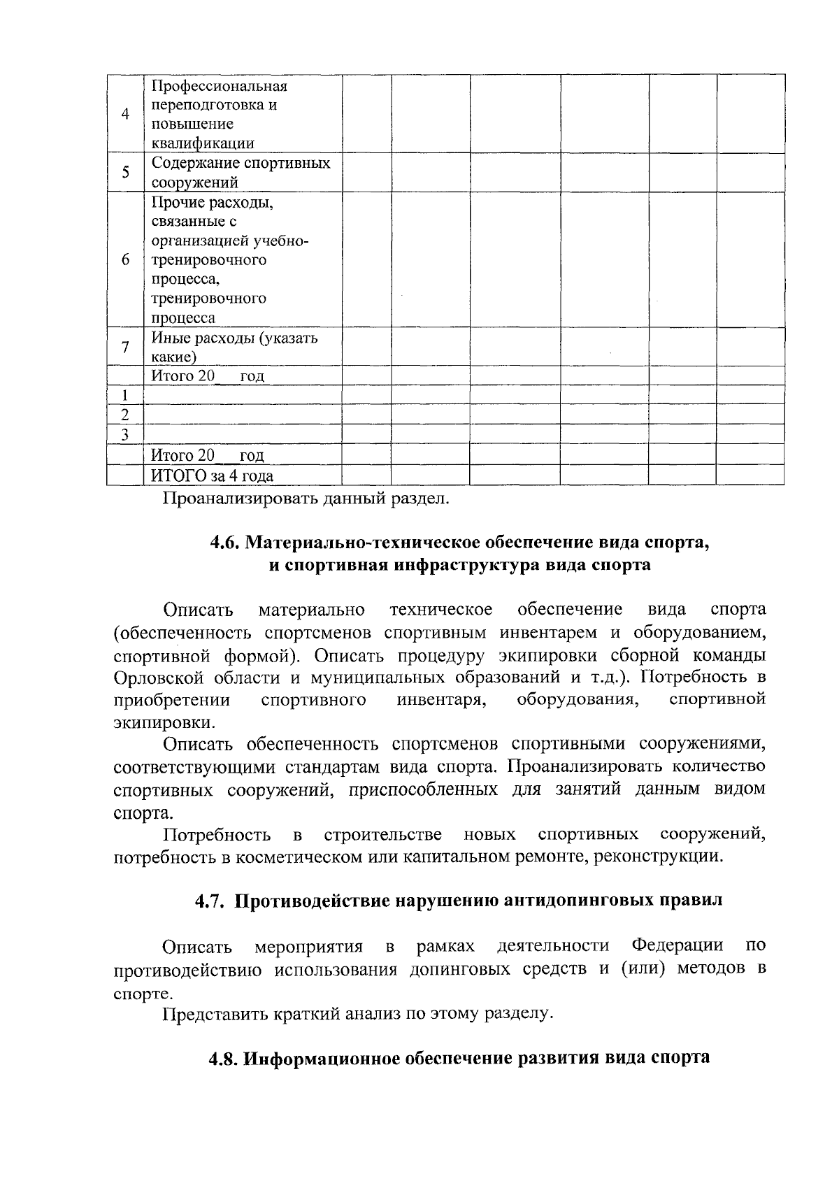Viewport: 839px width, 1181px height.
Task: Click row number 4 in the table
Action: [x=125, y=114]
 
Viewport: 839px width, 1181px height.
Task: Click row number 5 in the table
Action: [x=125, y=172]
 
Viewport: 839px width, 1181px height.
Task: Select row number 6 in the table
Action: [x=125, y=259]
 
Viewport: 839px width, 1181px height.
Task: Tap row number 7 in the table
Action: [x=125, y=347]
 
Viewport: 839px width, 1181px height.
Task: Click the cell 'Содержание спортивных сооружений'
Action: [x=241, y=173]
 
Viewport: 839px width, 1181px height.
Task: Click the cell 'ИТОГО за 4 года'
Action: [x=213, y=476]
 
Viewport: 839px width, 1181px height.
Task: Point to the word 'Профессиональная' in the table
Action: [x=220, y=86]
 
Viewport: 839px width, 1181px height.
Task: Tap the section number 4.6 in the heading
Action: [x=225, y=543]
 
